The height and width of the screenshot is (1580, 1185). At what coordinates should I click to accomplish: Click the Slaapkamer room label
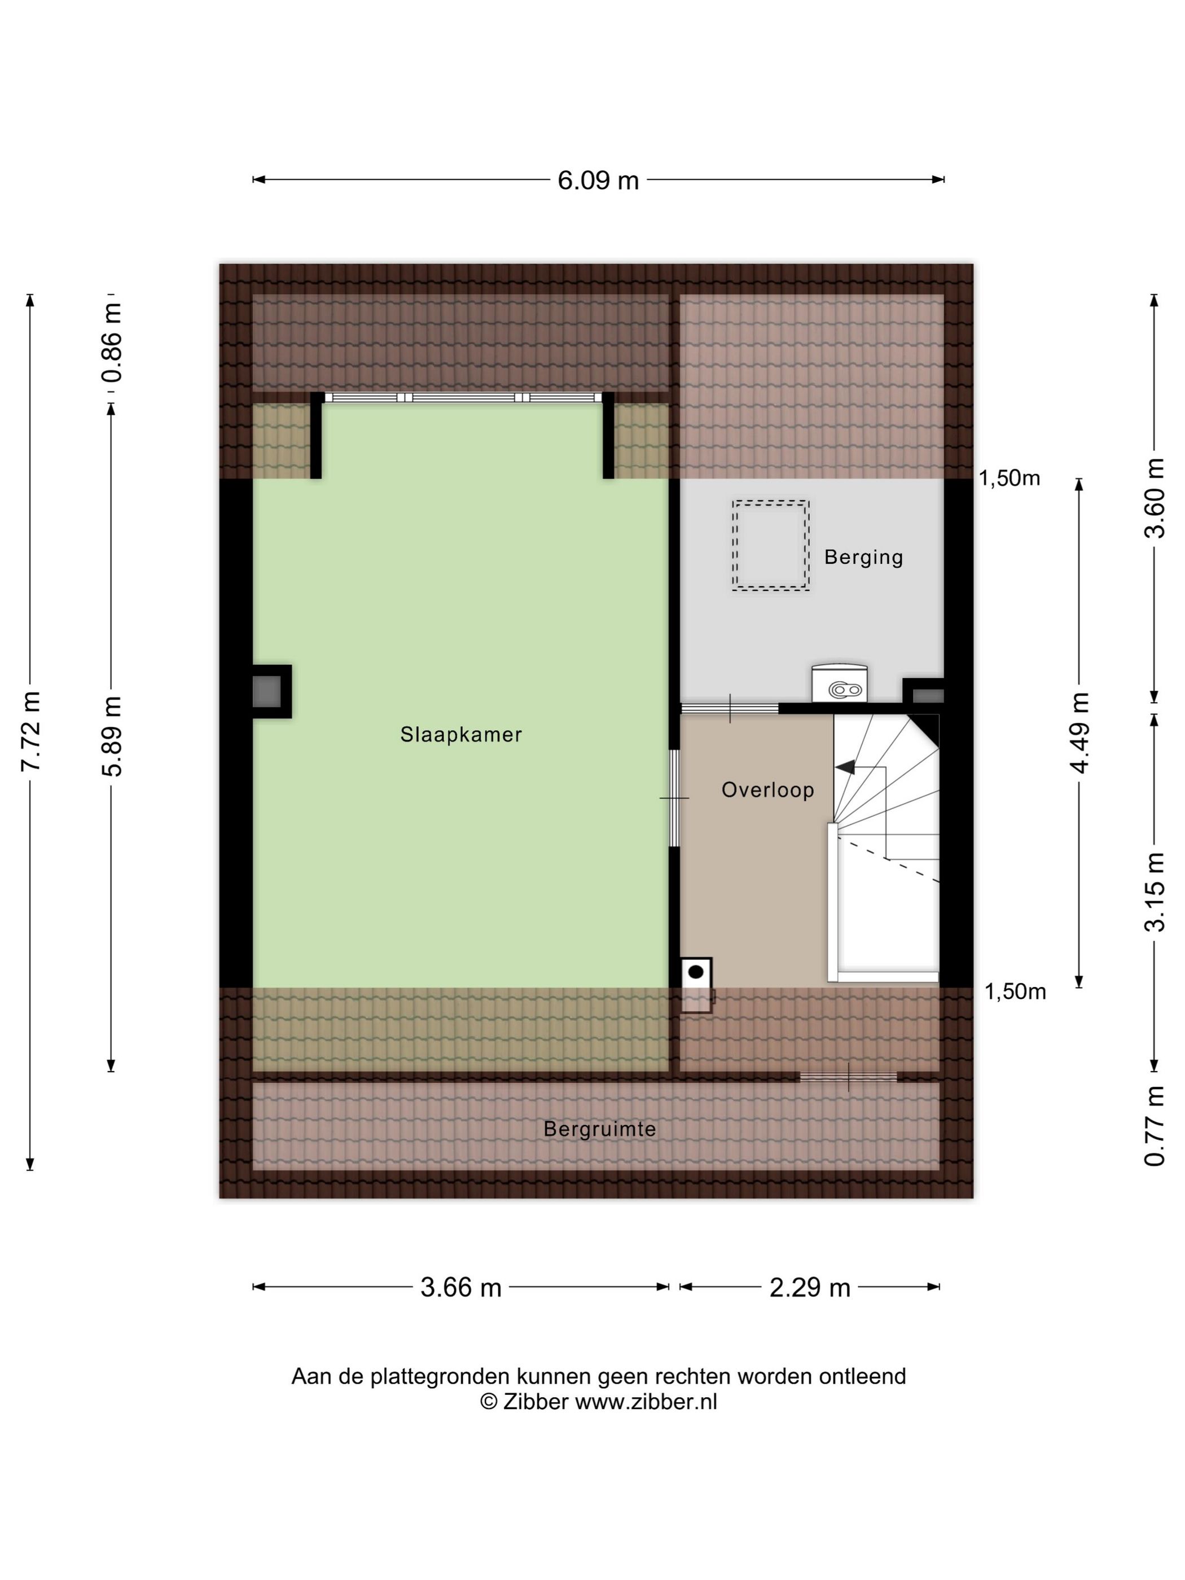(460, 734)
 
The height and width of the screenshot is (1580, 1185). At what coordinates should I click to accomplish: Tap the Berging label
(863, 557)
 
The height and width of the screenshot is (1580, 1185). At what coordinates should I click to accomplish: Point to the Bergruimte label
(599, 1129)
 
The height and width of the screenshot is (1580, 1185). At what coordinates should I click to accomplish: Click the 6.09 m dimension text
(598, 180)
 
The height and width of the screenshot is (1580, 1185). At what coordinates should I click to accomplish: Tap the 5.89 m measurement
(112, 736)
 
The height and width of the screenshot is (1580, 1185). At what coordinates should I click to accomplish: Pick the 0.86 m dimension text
(112, 343)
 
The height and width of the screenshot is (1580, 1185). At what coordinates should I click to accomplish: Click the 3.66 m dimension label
(460, 1287)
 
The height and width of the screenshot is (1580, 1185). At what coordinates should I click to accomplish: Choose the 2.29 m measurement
(810, 1287)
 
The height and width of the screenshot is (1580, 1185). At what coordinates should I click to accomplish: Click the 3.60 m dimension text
(1155, 498)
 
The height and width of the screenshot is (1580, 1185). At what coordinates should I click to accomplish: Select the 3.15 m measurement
(1155, 892)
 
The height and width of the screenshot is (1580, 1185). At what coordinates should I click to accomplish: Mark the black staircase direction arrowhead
(844, 767)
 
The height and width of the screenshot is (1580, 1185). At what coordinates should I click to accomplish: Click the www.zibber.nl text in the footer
(646, 1402)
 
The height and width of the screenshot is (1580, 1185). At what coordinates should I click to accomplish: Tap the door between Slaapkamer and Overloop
(674, 798)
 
